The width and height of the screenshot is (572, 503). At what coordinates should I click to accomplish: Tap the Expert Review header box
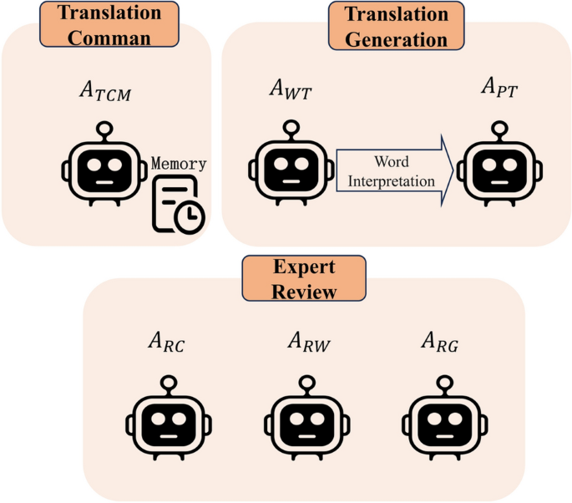[x=304, y=279]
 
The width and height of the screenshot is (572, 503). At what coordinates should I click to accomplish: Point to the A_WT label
[x=288, y=88]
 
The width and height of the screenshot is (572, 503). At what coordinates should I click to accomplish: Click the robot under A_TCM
[x=104, y=167]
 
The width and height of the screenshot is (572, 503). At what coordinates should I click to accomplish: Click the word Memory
[x=179, y=164]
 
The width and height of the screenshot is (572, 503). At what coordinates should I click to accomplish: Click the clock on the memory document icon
[x=191, y=216]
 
